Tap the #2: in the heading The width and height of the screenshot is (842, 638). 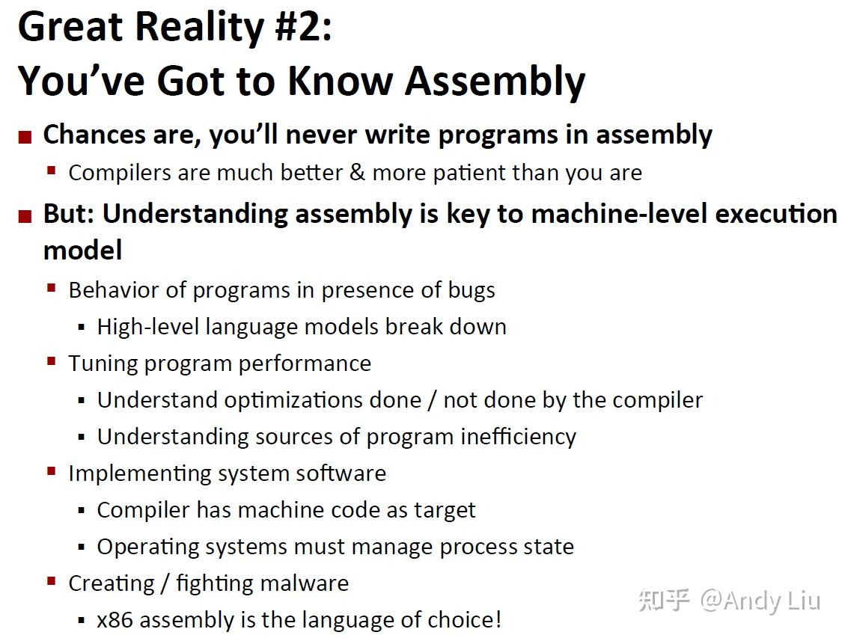point(303,27)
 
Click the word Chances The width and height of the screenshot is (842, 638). point(94,134)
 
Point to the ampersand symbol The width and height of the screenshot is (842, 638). point(357,173)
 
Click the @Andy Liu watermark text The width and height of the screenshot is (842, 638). point(760,601)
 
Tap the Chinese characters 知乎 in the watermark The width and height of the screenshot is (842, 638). point(664,599)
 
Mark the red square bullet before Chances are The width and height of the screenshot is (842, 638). point(25,138)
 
